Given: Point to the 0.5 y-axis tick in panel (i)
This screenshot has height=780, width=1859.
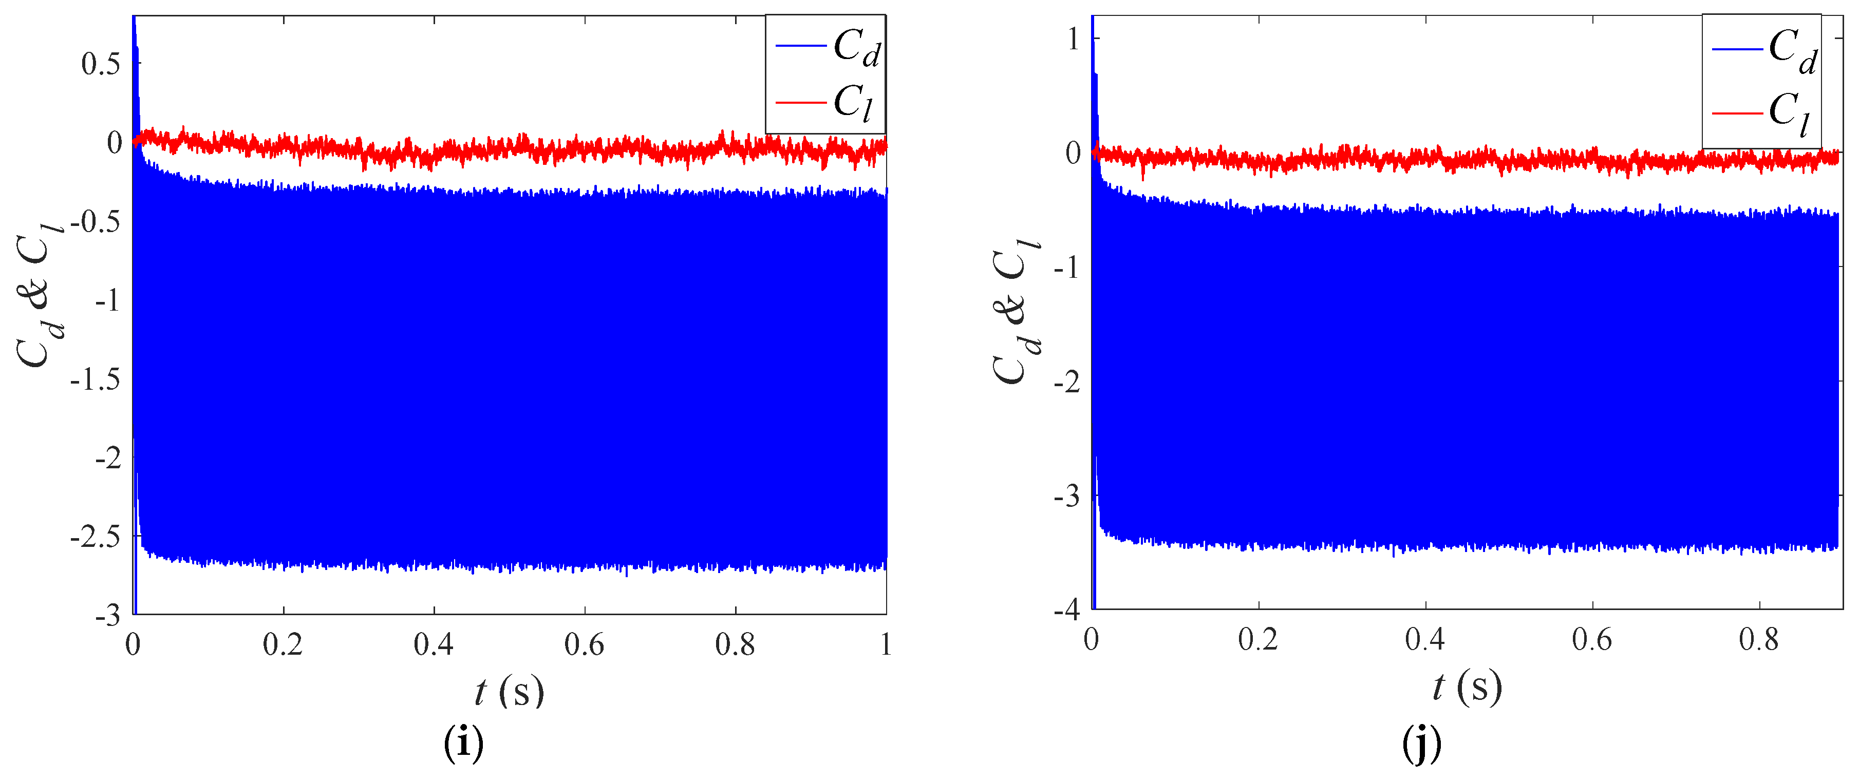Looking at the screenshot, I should click(100, 64).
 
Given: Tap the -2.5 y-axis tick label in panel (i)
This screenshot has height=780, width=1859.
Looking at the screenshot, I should click(95, 537).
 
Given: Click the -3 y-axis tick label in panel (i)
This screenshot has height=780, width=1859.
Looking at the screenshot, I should click(107, 616).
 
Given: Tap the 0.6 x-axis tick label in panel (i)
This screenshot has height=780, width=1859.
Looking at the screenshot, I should click(584, 644).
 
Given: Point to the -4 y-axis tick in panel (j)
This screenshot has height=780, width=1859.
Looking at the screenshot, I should click(1066, 610).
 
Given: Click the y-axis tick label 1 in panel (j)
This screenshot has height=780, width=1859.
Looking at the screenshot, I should click(1073, 39).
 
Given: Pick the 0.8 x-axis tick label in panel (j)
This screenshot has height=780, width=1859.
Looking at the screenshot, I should click(1759, 639).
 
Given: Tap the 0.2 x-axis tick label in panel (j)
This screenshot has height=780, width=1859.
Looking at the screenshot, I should click(1258, 639).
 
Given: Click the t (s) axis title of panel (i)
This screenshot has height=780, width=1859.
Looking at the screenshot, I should click(509, 691).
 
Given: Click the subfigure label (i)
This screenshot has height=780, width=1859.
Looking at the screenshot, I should click(463, 743).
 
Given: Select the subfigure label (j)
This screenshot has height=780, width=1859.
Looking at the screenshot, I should click(1421, 743).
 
